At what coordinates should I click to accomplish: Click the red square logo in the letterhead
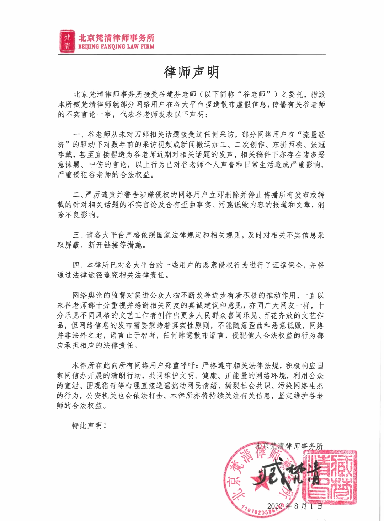[67, 41]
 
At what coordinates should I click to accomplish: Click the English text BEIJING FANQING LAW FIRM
[116, 47]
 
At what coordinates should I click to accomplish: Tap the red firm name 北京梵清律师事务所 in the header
[116, 38]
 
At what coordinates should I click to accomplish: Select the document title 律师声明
[192, 72]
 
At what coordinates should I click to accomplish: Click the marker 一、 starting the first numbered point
[80, 135]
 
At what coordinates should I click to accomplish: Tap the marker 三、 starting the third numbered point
[79, 235]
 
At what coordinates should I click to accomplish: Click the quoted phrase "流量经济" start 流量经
[313, 135]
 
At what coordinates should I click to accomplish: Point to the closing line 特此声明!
[89, 425]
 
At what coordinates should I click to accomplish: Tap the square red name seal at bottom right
[330, 477]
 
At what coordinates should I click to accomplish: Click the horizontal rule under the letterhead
[192, 55]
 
